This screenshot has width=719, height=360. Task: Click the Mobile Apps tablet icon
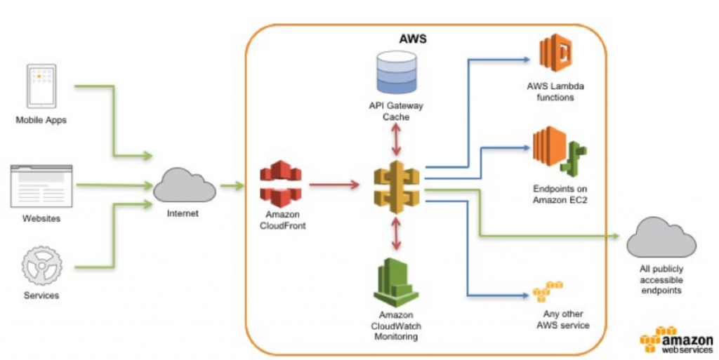click(x=41, y=86)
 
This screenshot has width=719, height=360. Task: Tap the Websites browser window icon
click(x=41, y=186)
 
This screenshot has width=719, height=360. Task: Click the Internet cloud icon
click(x=184, y=185)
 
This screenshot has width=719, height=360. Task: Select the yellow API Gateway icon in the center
click(x=395, y=187)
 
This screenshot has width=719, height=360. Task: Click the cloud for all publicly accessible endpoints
click(x=661, y=239)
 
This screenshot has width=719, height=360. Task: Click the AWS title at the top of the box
click(x=412, y=39)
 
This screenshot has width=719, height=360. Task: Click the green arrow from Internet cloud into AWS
click(x=231, y=186)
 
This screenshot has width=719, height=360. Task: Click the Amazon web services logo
click(x=675, y=340)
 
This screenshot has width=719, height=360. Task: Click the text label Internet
click(x=183, y=213)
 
